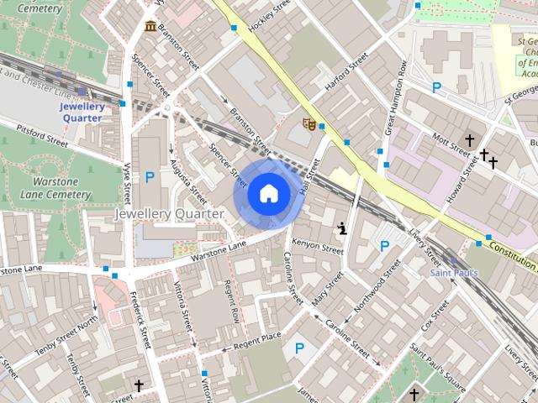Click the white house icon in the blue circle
[x=267, y=194]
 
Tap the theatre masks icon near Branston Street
[x=309, y=125]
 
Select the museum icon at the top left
[x=150, y=27]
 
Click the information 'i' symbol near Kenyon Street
[x=342, y=228]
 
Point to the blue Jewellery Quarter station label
[x=81, y=113]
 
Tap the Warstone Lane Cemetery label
[x=54, y=186]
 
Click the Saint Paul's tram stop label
[x=454, y=273]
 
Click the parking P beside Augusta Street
[x=150, y=177]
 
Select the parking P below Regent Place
[x=298, y=348]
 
